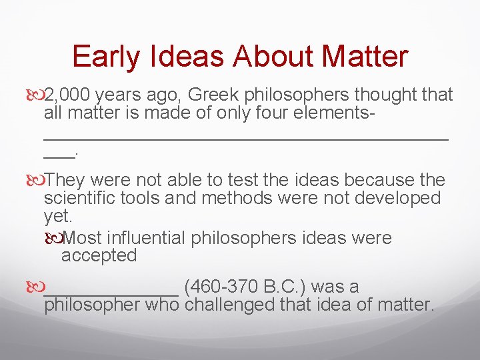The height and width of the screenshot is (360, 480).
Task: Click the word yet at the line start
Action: tap(56, 215)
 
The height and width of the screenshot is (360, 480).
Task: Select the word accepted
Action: tap(99, 255)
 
